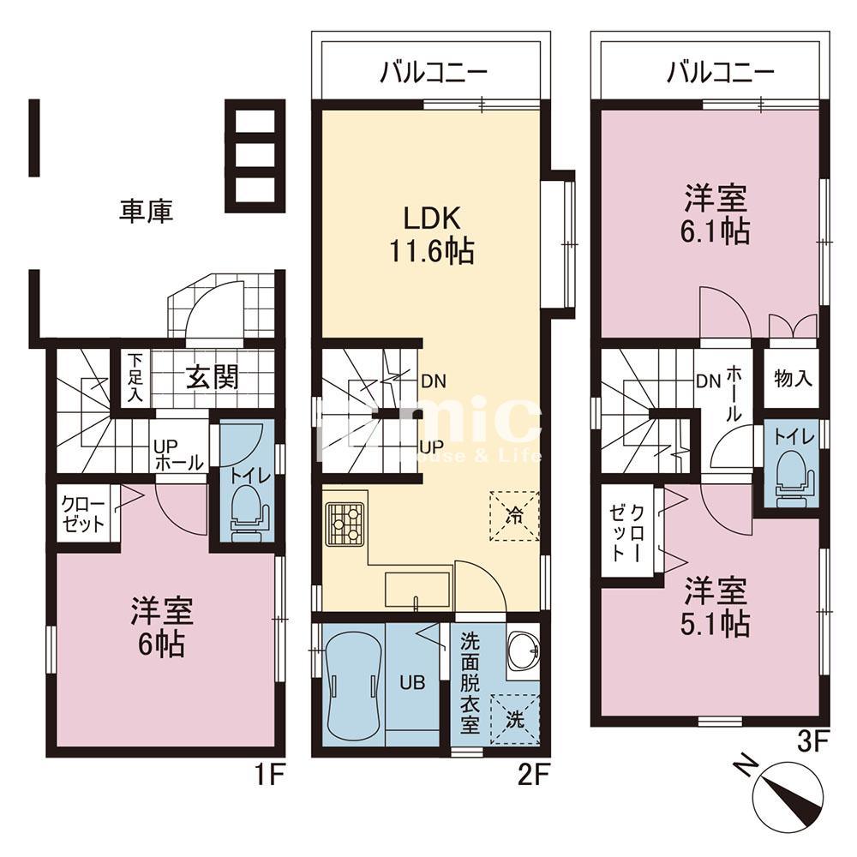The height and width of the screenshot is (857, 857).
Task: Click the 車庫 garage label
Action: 147,212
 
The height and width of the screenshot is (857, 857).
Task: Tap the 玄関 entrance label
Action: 213,376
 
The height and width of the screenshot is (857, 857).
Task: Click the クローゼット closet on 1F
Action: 84,513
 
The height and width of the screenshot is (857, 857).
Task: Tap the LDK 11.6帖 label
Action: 431,235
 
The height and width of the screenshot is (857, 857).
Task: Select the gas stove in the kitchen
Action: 345,524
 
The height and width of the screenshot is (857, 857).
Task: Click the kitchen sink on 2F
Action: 417,590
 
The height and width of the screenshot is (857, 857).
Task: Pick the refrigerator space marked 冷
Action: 514,516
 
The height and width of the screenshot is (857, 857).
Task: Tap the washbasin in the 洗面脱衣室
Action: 523,651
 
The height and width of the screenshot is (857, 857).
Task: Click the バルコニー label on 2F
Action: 434,73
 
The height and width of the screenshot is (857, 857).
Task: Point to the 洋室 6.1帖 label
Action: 716,214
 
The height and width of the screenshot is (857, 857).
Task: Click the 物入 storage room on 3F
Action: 793,378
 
